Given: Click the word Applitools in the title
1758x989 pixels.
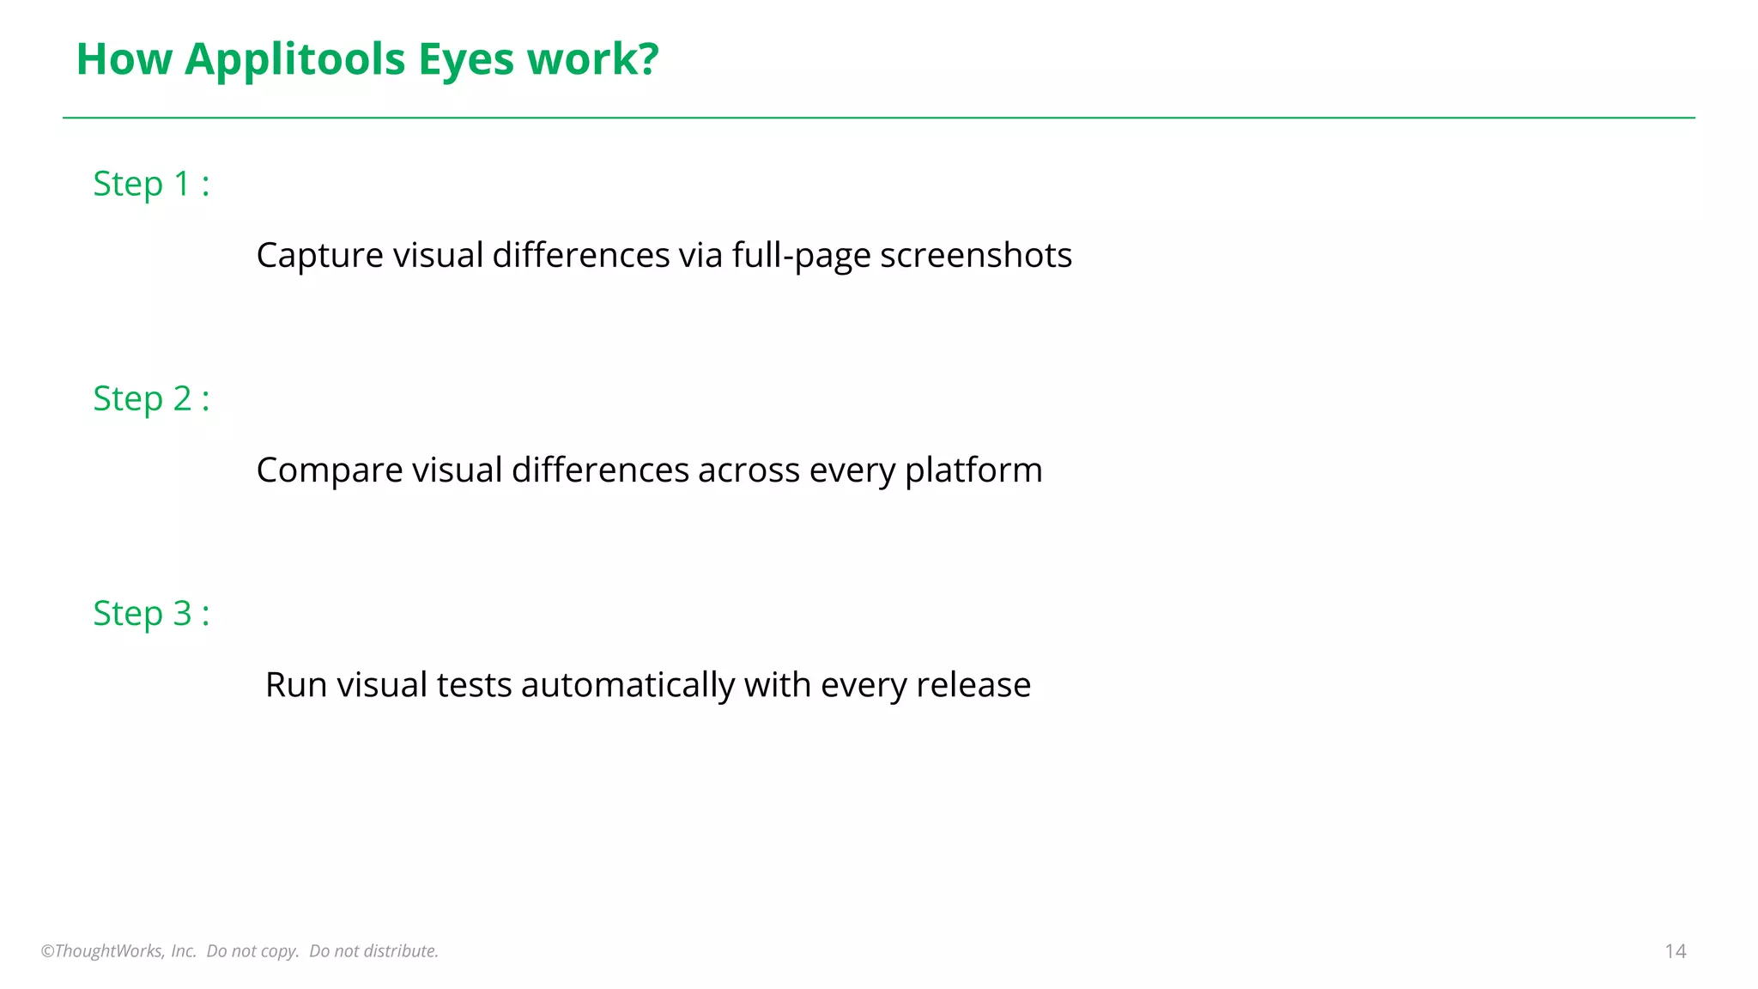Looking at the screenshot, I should tap(294, 60).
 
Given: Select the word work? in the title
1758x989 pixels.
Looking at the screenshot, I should tap(593, 60).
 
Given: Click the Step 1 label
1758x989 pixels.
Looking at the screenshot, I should tap(151, 184).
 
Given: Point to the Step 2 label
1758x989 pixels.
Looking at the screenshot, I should tap(151, 398).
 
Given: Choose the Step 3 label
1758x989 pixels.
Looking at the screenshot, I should tap(151, 613).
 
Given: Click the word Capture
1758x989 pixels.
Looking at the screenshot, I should tap(319, 256).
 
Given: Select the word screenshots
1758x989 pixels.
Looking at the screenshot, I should tap(975, 256).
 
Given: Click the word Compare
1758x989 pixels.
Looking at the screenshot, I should tap(329, 470).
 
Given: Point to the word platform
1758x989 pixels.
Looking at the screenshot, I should tap(973, 470).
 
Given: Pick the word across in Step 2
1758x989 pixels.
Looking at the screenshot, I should tap(749, 470).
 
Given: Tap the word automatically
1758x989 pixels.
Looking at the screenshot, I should tap(627, 685).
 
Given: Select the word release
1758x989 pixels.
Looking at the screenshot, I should tap(973, 685).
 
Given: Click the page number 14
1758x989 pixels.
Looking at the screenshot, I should tap(1675, 951).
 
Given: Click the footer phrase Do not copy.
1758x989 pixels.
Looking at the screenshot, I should tap(252, 951).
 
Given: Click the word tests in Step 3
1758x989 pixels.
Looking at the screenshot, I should tap(474, 685).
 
